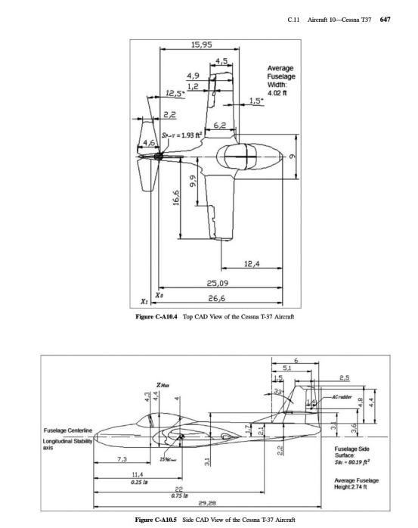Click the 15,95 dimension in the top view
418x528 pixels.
point(200,47)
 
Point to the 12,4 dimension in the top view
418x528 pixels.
point(252,263)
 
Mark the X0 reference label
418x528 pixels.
point(158,292)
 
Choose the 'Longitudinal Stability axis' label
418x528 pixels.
point(65,446)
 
